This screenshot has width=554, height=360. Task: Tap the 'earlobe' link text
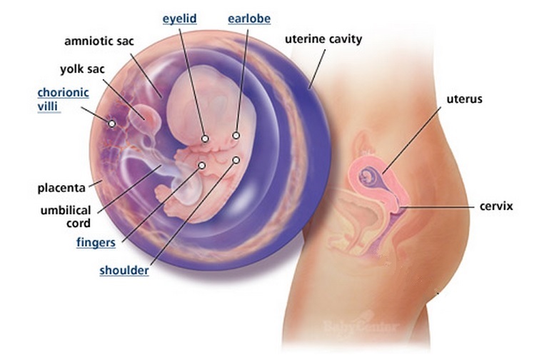click(x=248, y=19)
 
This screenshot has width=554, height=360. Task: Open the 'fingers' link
click(x=96, y=243)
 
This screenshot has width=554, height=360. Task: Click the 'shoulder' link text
click(x=124, y=271)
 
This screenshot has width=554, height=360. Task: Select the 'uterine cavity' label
click(x=323, y=39)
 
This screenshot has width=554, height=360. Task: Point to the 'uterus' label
click(x=465, y=99)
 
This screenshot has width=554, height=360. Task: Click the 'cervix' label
click(x=497, y=206)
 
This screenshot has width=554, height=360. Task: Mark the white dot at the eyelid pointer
click(x=205, y=139)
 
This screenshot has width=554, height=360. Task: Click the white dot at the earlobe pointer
click(x=236, y=135)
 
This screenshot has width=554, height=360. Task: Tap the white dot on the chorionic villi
click(x=112, y=124)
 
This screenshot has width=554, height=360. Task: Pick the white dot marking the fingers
click(x=202, y=166)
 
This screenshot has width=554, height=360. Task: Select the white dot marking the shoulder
click(x=236, y=160)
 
